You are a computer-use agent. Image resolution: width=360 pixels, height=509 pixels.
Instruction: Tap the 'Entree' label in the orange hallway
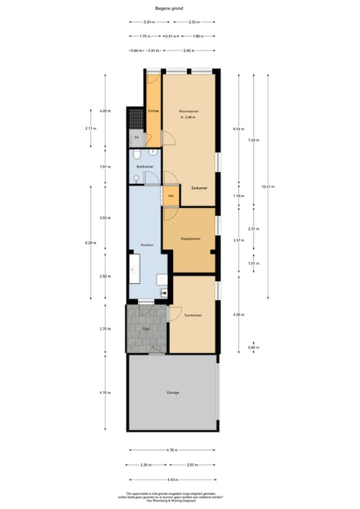point(154,111)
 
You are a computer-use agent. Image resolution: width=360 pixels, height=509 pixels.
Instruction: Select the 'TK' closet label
point(136,138)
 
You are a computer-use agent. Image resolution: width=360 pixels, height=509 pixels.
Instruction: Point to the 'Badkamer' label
point(144,167)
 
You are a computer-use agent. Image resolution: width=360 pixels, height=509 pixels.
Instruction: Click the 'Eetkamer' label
point(199,188)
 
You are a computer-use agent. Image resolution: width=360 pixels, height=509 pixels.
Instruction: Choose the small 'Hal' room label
point(171,196)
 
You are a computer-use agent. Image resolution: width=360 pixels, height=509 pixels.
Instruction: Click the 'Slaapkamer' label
point(190,239)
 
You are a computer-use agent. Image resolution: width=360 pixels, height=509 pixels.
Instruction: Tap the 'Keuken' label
point(146,245)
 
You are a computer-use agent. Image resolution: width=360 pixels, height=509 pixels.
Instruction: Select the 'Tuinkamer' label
point(193,315)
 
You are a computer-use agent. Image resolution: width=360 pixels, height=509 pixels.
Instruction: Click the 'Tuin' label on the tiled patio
point(146,330)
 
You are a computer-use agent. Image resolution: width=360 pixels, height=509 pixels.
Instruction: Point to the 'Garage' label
point(172,393)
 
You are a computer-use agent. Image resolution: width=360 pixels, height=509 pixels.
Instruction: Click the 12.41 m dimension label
point(268,186)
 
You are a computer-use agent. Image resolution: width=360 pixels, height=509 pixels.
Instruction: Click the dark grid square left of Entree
point(136,116)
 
